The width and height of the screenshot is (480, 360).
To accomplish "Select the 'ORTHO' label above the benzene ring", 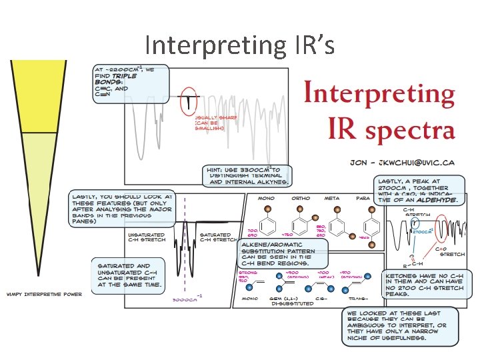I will click(x=301, y=198).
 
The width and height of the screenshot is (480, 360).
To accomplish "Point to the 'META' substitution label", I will click(x=332, y=198).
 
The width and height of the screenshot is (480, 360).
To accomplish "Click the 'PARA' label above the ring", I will click(x=363, y=198).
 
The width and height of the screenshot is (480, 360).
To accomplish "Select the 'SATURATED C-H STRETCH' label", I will click(x=217, y=237).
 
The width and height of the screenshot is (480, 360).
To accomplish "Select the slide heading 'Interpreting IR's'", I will click(x=238, y=45).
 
